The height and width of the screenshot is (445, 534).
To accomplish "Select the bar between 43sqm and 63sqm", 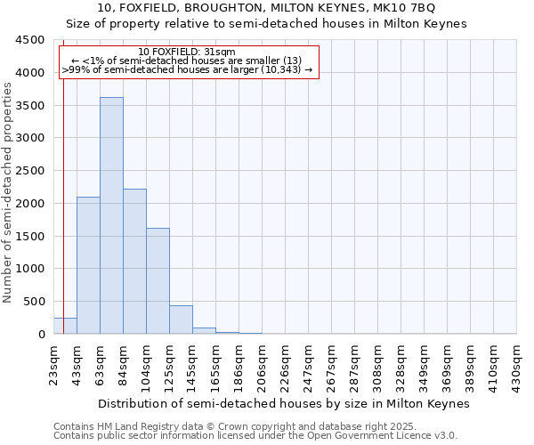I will click(88, 265).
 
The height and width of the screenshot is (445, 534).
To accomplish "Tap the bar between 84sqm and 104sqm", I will click(134, 261).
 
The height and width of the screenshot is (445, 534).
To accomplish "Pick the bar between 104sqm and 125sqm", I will click(158, 280).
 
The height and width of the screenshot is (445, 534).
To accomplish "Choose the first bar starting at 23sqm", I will click(65, 326).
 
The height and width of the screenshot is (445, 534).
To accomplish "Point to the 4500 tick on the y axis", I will click(29, 40).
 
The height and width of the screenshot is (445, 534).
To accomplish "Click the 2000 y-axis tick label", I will click(29, 204).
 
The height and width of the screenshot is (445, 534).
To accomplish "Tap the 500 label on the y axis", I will click(33, 302).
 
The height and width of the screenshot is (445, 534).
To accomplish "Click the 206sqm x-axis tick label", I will click(263, 365).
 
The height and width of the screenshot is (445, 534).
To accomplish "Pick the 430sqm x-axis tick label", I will click(517, 365).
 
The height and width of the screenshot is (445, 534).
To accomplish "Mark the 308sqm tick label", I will click(378, 365).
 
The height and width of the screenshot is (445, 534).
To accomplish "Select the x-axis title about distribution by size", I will click(283, 403).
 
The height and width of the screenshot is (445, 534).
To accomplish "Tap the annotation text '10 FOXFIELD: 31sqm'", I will click(187, 53).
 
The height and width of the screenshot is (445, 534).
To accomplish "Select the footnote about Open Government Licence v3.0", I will click(254, 436).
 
